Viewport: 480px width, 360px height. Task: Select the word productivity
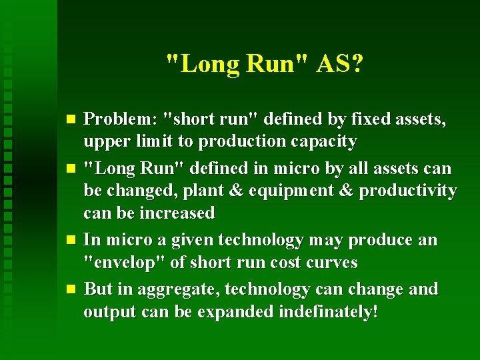[408, 191]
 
